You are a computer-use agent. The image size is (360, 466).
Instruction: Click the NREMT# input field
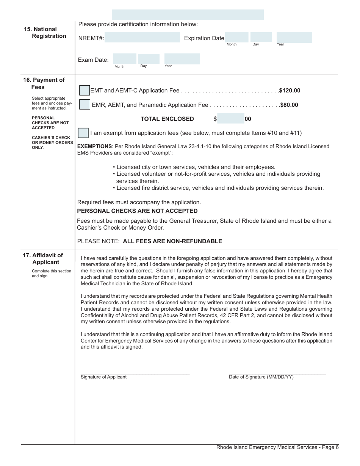[x=142, y=38]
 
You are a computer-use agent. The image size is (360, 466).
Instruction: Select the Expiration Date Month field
[x=237, y=37]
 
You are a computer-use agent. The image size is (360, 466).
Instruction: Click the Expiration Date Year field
[x=294, y=37]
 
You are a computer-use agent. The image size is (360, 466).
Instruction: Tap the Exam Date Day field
[x=149, y=59]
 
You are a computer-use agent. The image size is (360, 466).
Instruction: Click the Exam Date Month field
[x=125, y=59]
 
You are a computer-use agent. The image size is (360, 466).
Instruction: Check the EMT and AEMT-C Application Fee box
[x=85, y=91]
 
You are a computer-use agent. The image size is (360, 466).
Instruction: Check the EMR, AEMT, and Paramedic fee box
[x=85, y=105]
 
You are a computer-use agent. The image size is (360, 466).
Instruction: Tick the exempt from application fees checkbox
[x=83, y=133]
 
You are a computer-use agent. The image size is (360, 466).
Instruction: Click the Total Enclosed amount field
[x=231, y=119]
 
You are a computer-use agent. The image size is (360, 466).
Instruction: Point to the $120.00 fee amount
[x=290, y=91]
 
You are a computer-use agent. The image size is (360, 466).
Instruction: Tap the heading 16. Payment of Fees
[x=44, y=83]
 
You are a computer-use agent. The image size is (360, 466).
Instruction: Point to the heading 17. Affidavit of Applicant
[x=43, y=259]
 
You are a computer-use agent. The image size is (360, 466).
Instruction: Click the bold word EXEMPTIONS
[x=94, y=147]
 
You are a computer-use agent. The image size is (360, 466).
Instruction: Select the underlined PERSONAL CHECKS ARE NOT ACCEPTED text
[x=137, y=211]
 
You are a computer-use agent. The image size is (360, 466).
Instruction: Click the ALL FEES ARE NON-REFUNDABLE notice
[x=172, y=241]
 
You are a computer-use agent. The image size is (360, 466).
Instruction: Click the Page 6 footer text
[x=277, y=447]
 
